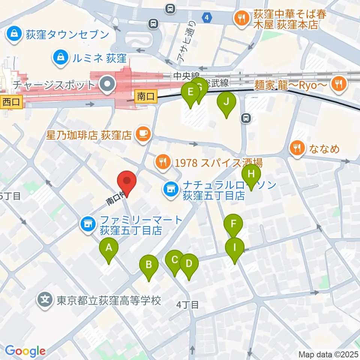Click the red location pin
coord(127,181)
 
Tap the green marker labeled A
coord(109,248)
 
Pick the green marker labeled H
coord(252,174)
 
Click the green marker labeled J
coord(226,102)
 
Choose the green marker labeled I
coord(235,248)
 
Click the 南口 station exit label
coord(145,96)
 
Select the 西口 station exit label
coord(11,102)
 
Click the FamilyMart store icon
coord(88,224)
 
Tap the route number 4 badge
coord(206,17)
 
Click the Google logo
coord(25,351)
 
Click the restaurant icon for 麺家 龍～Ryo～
coord(339,83)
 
